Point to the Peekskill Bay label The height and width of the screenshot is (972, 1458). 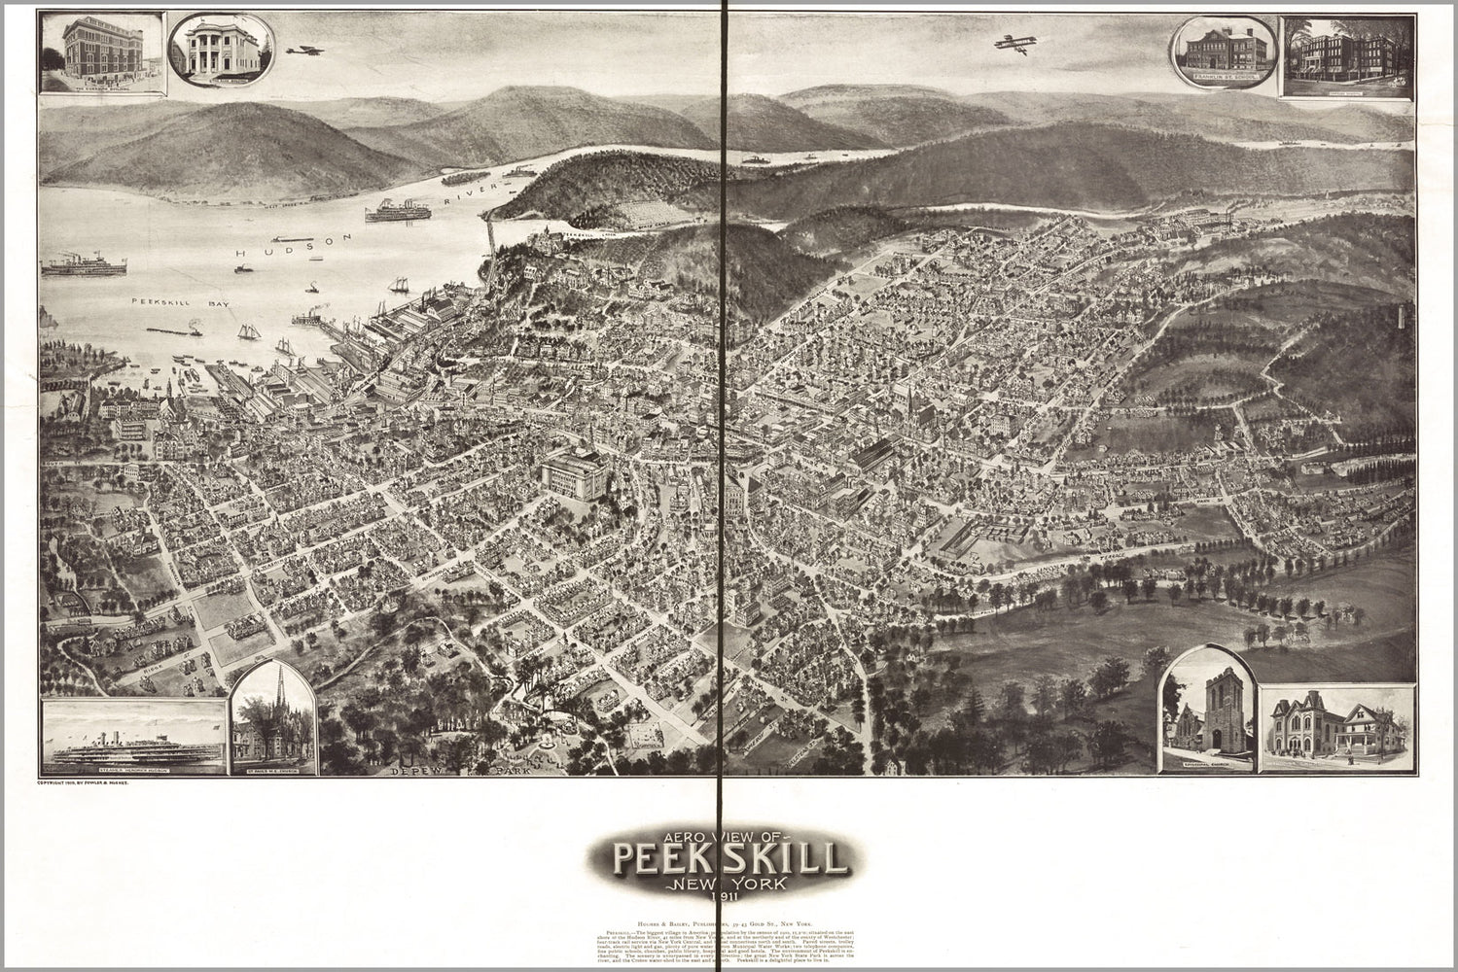point(175,302)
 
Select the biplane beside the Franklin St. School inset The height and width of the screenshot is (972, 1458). point(1011,45)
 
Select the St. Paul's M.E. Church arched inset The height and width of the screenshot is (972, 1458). point(277,718)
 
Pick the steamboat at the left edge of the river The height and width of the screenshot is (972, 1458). point(87,264)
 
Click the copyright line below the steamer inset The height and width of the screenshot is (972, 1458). point(88,782)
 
